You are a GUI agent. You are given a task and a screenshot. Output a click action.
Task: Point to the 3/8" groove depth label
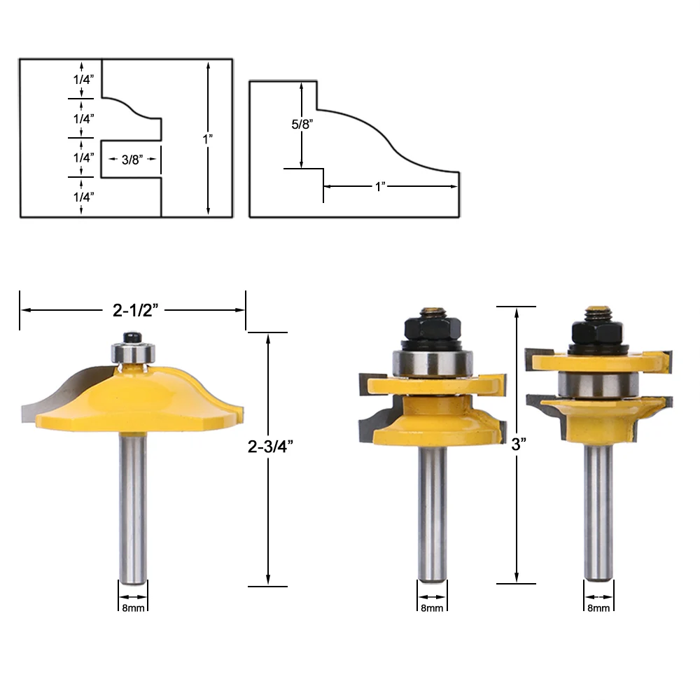click(132, 160)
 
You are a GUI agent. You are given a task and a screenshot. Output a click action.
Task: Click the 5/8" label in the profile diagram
click(302, 125)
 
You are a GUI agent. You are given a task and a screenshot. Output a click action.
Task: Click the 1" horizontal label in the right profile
click(381, 186)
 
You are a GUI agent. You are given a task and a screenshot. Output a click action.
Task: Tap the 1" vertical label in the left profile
click(208, 139)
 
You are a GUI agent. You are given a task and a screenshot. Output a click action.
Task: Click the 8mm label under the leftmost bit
click(132, 608)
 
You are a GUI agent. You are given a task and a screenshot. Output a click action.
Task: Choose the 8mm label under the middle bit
click(432, 608)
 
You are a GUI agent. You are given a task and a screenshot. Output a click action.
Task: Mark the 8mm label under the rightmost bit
click(598, 608)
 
